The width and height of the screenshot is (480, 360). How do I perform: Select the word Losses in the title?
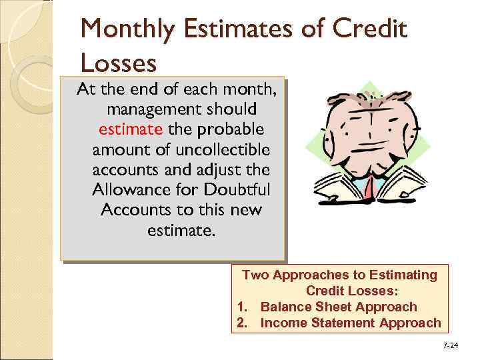click(x=118, y=63)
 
